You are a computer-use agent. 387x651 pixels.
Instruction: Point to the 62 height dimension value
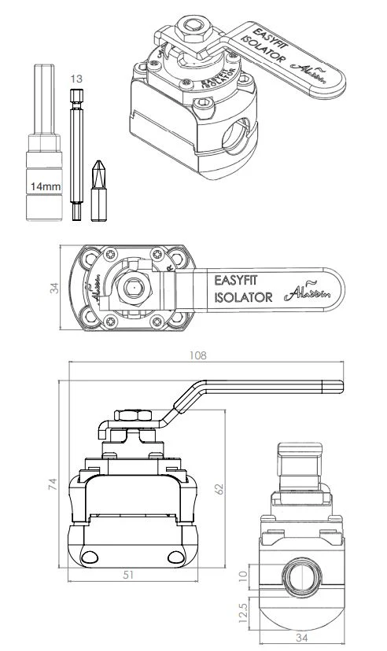coord(221,489)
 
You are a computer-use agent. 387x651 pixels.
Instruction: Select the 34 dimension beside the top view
coord(53,289)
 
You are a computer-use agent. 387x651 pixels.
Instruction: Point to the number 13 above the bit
coord(76,79)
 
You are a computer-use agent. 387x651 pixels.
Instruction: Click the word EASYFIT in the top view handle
coord(235,280)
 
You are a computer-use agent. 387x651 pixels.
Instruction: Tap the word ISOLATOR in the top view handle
coord(242,297)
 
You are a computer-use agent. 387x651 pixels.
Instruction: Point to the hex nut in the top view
coord(131,289)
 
